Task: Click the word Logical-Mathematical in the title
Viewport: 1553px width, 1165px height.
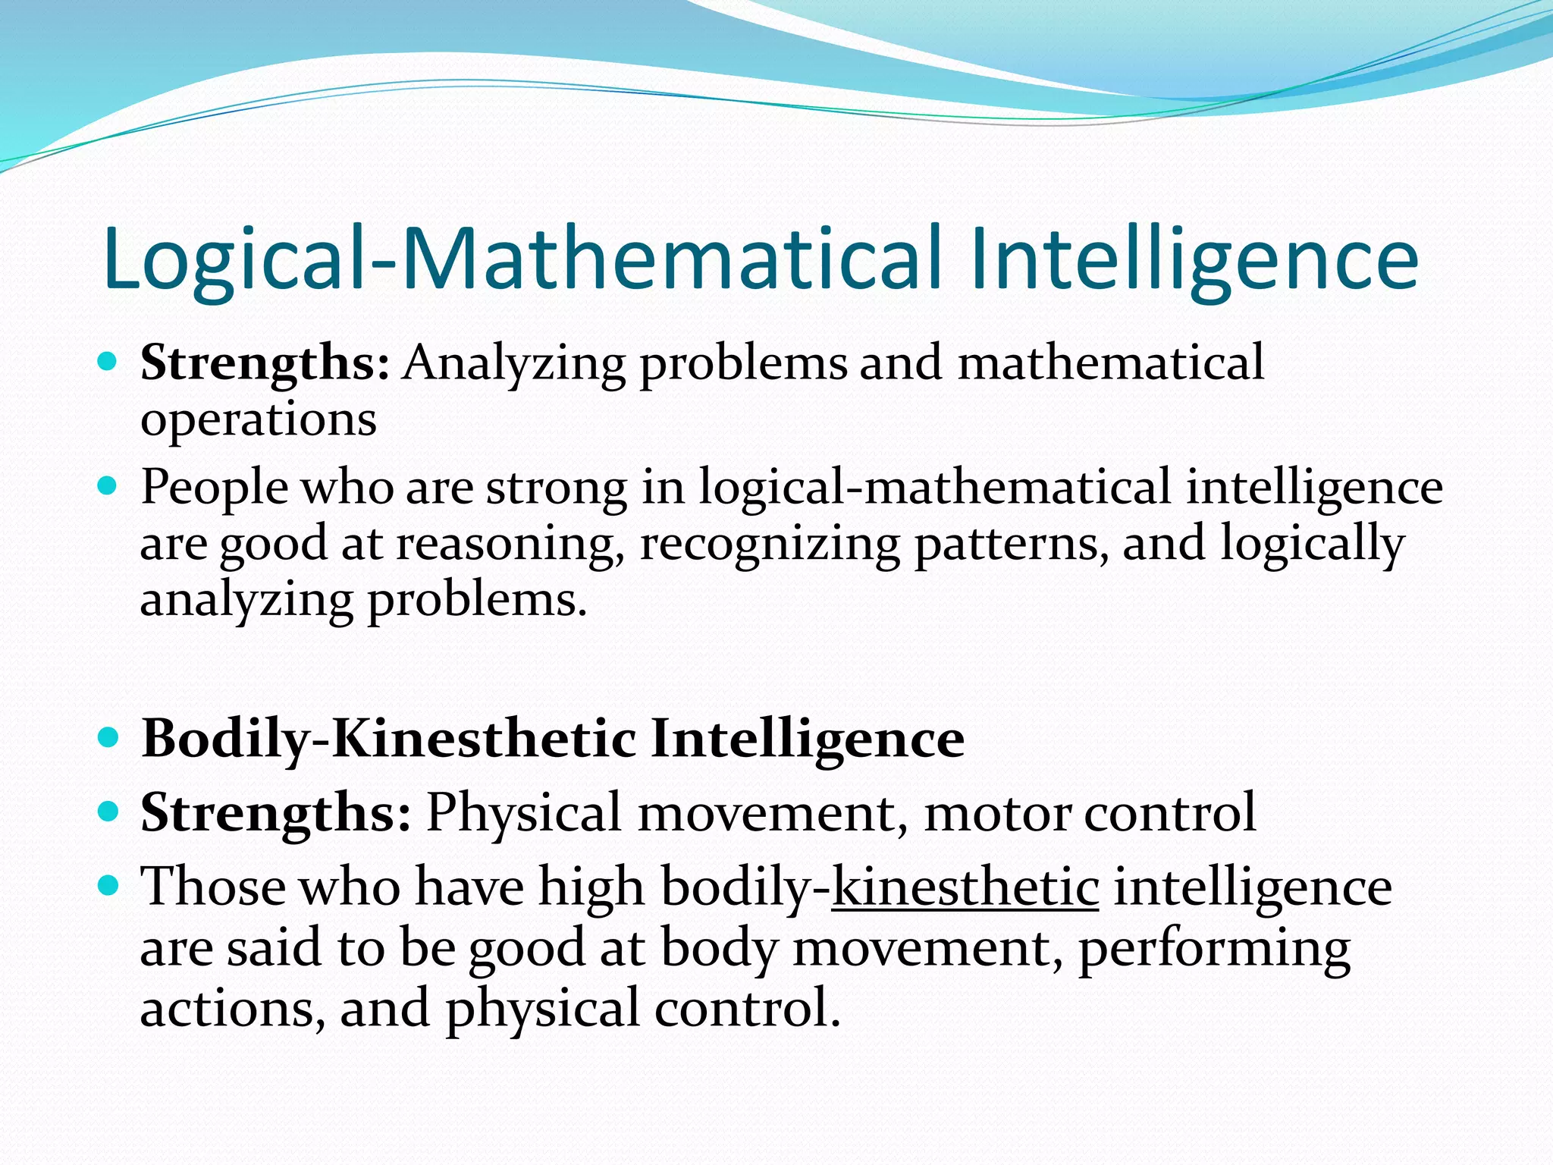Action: click(522, 259)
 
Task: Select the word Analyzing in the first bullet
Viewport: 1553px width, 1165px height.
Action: click(514, 364)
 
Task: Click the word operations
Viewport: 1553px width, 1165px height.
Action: click(259, 419)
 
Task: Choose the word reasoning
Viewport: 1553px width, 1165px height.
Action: click(510, 545)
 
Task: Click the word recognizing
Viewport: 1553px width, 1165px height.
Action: click(770, 545)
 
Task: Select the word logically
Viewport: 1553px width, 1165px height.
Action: click(1312, 545)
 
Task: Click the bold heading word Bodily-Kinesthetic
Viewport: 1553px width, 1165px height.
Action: click(389, 739)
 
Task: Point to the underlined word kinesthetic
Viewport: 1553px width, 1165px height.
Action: click(965, 887)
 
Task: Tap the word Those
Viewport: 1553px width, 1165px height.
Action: click(214, 887)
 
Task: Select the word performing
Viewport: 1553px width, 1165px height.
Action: click(1214, 949)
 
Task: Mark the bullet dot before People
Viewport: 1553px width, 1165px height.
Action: click(108, 485)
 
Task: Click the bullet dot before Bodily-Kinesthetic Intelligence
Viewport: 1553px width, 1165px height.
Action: click(108, 737)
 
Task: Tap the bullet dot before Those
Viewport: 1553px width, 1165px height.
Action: click(108, 885)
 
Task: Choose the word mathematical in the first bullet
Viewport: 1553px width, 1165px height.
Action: click(1111, 363)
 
